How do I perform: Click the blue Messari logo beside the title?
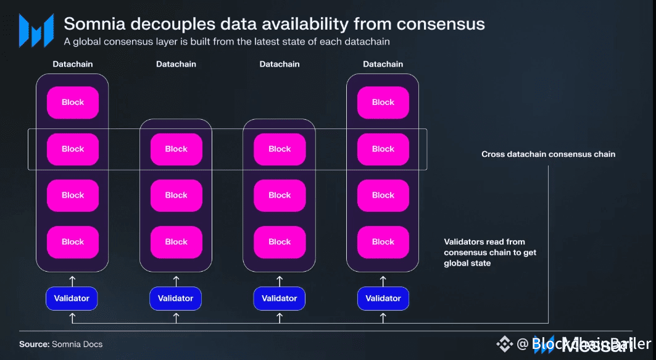[x=36, y=30]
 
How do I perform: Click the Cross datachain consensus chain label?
[x=548, y=154]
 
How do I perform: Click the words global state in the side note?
[x=468, y=263]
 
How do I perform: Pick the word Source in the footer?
[x=33, y=344]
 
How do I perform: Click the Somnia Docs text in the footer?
[x=77, y=344]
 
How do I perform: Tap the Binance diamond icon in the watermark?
[x=505, y=344]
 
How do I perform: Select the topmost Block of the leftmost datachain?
[x=73, y=103]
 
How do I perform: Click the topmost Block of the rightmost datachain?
[x=383, y=103]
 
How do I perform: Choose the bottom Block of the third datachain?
[x=280, y=242]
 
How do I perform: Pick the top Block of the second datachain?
[x=176, y=149]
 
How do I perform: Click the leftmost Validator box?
[x=72, y=298]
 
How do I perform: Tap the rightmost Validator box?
[x=383, y=298]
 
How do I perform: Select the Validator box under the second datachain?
[x=176, y=298]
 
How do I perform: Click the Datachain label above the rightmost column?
[x=383, y=64]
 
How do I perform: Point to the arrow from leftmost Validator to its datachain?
[x=73, y=279]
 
